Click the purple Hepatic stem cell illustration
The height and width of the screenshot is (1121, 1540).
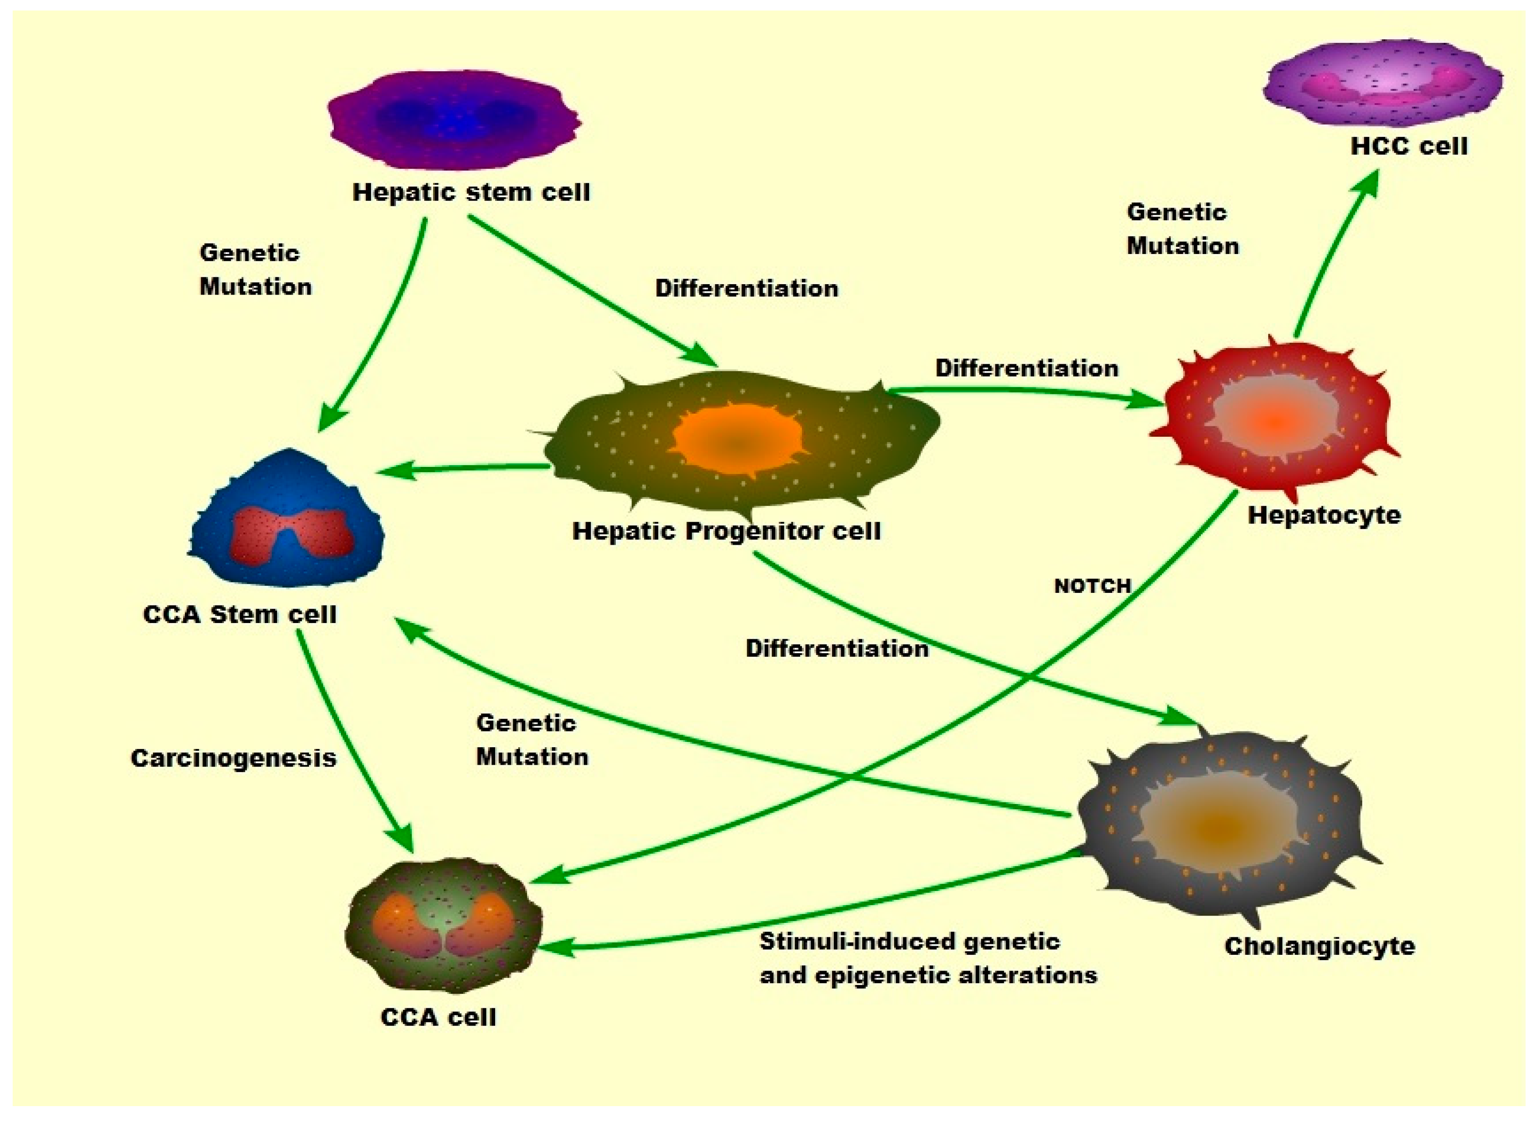[x=454, y=121]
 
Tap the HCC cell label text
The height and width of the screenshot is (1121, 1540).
[x=1408, y=146]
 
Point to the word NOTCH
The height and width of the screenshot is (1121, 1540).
[x=1092, y=585]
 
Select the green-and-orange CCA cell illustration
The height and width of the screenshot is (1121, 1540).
[x=443, y=924]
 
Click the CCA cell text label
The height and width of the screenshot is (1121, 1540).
[x=438, y=1017]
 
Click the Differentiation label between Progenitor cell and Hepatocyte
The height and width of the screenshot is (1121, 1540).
[x=1026, y=368]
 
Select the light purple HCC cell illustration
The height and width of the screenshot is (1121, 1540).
[x=1382, y=83]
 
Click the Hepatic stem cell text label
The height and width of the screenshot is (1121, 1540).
[x=471, y=192]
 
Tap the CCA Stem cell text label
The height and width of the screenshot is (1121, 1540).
[x=239, y=614]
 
